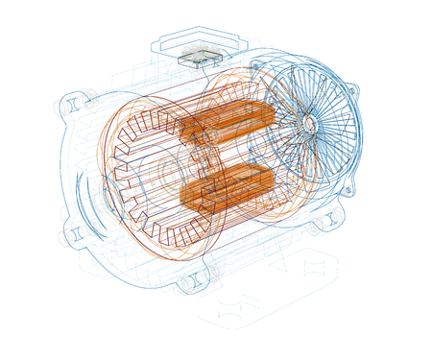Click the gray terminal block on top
tap(202, 55)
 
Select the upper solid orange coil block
tap(227, 121)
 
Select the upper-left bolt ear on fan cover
tap(257, 67)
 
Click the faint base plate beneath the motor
tap(269, 288)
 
